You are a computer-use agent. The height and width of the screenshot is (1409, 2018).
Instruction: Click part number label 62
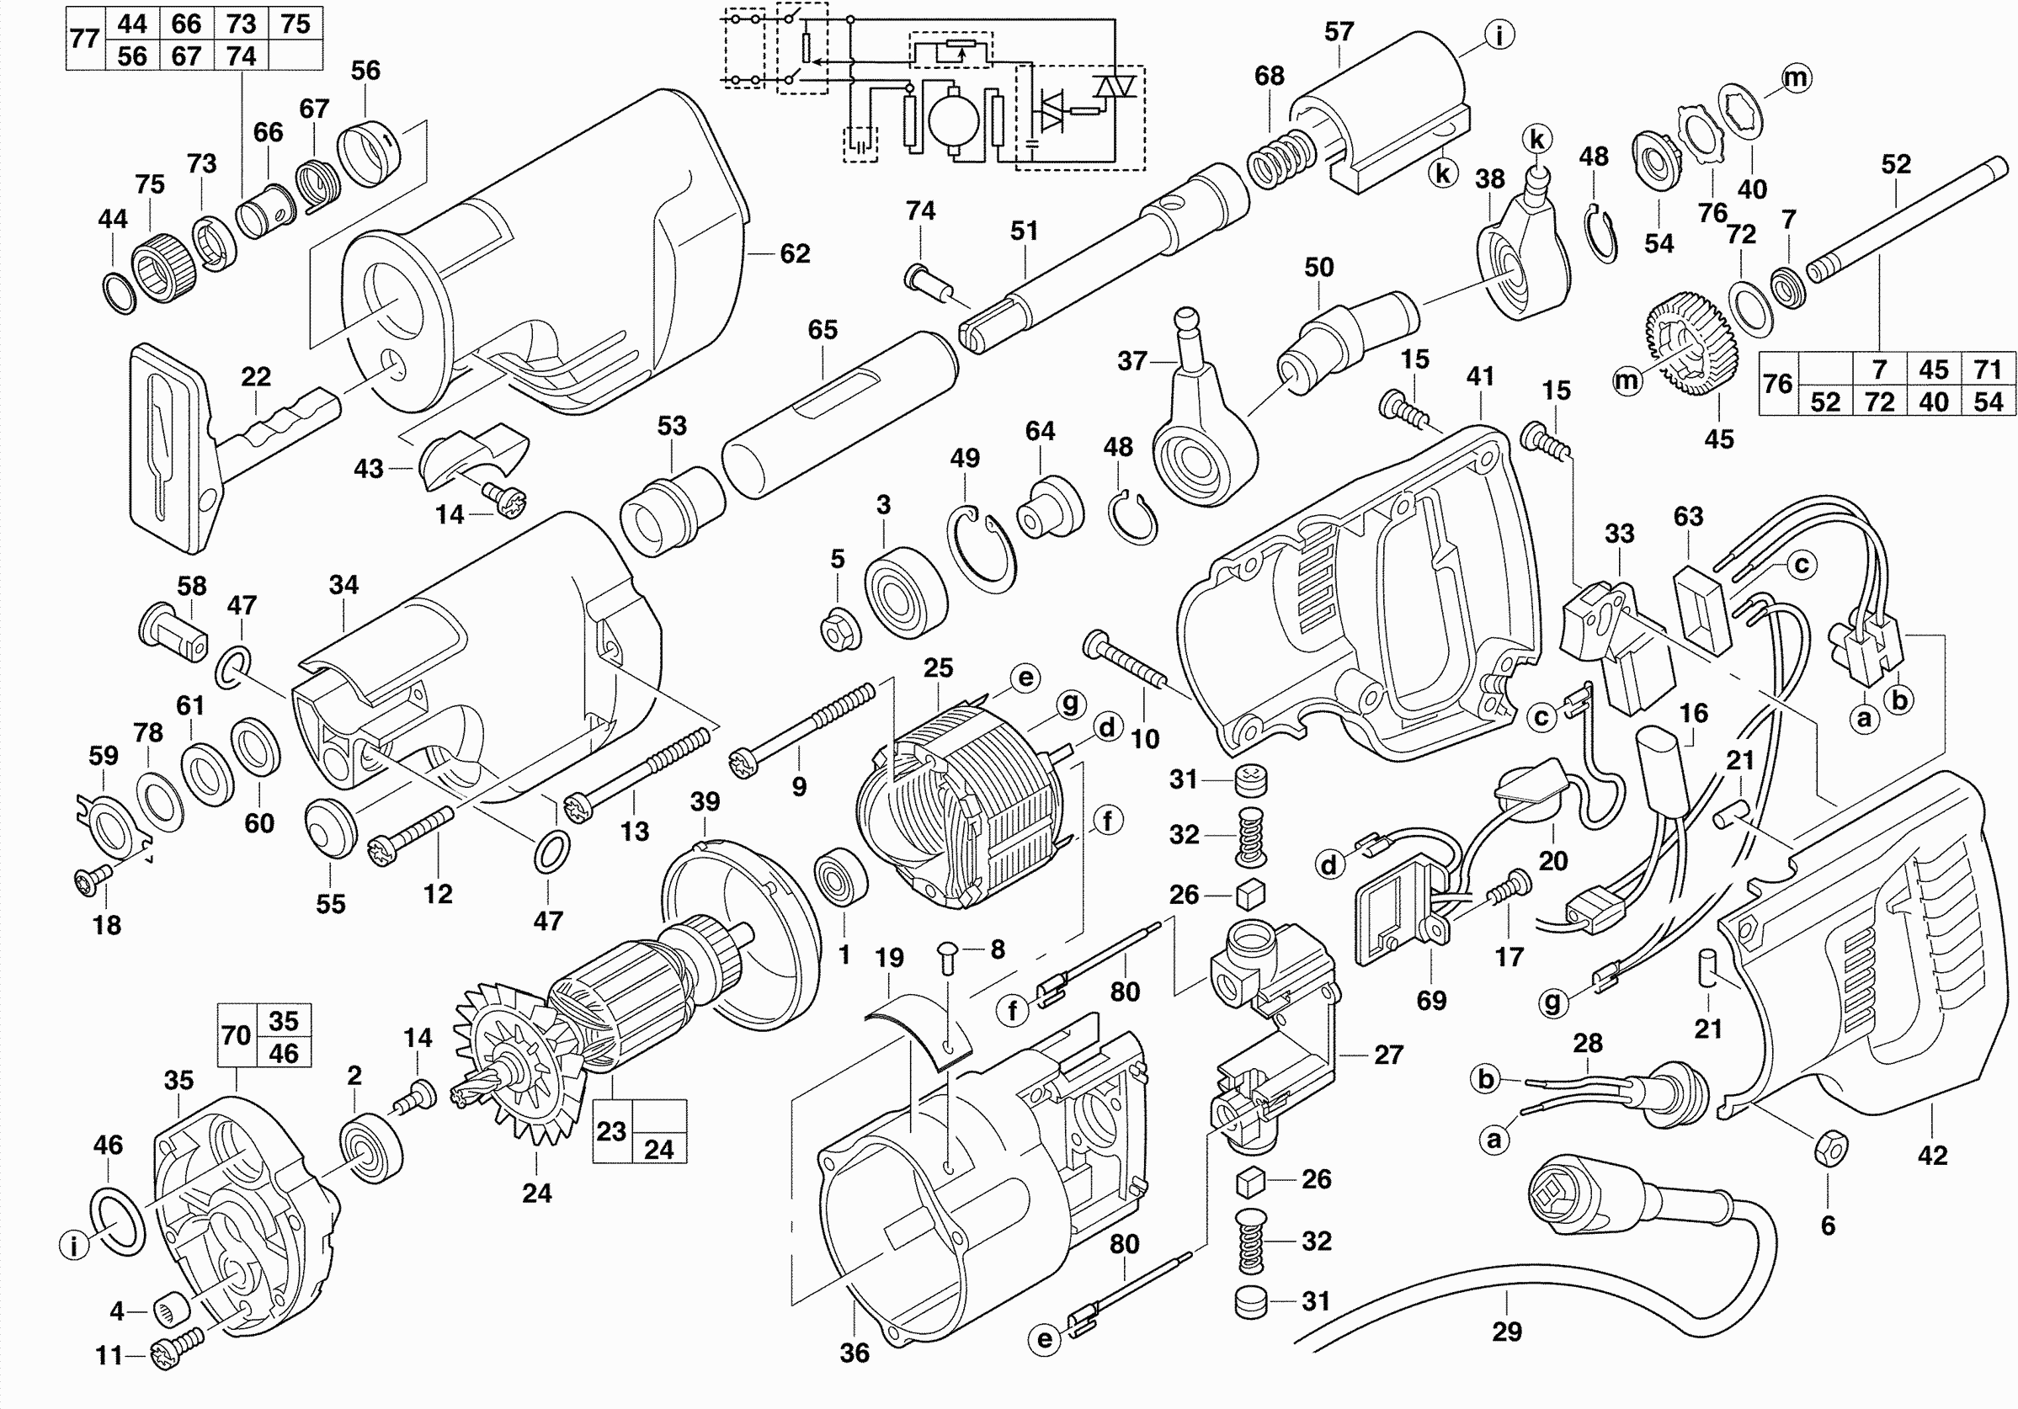[x=795, y=254]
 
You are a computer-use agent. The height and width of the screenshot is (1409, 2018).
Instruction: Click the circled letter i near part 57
[x=1499, y=35]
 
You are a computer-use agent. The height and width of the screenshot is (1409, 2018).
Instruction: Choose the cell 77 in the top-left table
[x=84, y=40]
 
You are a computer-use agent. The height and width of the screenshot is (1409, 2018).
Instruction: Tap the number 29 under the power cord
[x=1506, y=1332]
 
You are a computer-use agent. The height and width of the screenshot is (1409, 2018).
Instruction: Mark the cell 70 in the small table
[x=236, y=1035]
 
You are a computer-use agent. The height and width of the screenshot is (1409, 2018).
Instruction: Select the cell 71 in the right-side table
[x=1989, y=370]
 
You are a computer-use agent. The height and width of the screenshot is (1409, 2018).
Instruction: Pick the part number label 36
[x=855, y=1353]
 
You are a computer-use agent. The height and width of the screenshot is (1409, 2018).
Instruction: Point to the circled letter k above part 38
[x=1537, y=139]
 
